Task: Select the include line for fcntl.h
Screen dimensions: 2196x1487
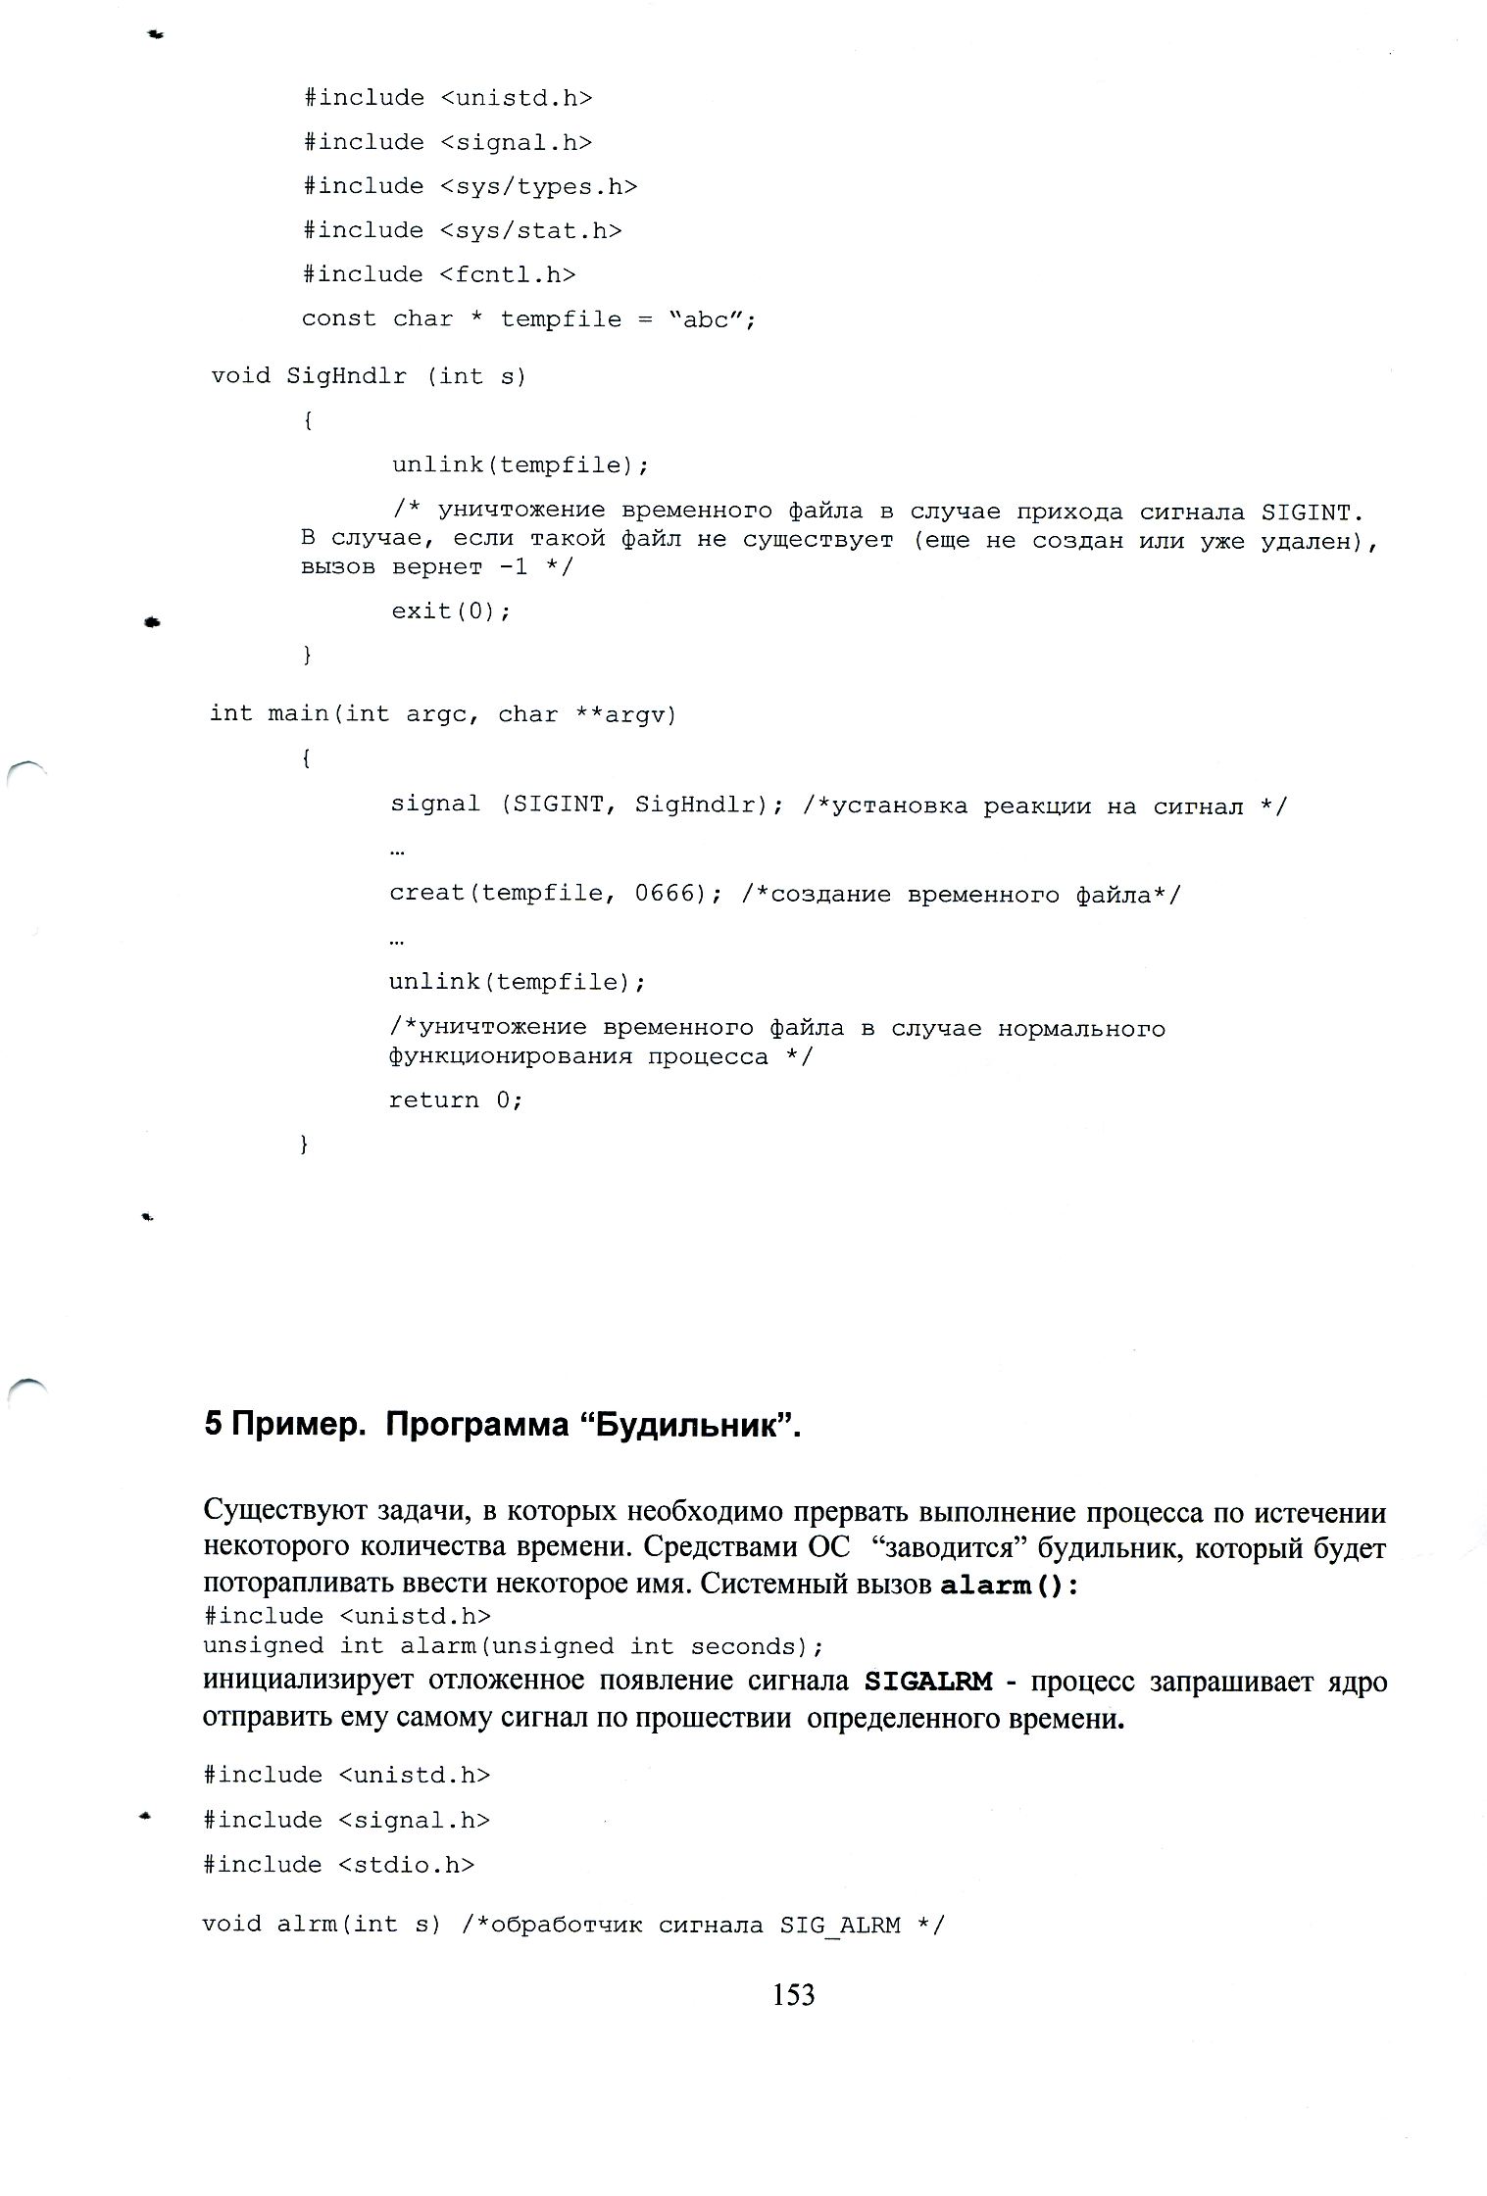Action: click(438, 274)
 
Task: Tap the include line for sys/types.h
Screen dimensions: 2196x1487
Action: click(470, 186)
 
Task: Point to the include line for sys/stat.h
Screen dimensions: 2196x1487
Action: click(462, 230)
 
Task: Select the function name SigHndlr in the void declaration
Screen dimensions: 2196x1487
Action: click(346, 376)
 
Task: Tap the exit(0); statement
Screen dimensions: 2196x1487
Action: click(451, 611)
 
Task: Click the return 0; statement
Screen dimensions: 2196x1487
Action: click(456, 1099)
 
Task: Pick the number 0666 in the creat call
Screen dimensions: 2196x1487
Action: click(665, 894)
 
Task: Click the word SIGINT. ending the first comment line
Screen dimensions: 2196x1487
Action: click(1313, 512)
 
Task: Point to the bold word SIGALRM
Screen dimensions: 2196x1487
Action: click(928, 1682)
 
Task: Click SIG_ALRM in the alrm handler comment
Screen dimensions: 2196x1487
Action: click(840, 1925)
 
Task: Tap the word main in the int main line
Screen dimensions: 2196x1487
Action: click(299, 714)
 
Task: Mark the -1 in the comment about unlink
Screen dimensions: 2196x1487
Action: click(514, 567)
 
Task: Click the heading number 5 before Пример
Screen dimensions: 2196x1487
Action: click(214, 1425)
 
